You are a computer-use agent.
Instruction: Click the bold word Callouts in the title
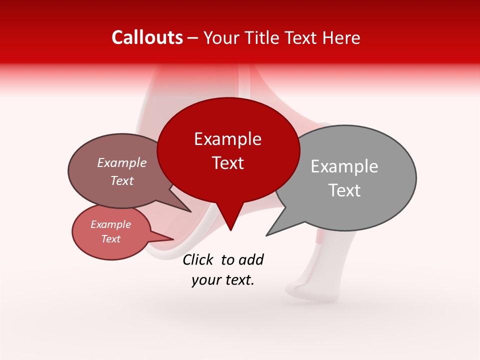click(147, 37)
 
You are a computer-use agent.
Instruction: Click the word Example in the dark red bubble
click(227, 139)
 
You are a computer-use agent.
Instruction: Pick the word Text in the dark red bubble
click(227, 163)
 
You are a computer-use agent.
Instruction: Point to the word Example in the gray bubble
click(344, 166)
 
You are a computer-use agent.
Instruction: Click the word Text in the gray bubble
click(344, 190)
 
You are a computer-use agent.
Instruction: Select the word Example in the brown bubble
click(122, 162)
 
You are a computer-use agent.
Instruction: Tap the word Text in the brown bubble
click(122, 180)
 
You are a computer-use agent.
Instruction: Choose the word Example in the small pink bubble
click(110, 224)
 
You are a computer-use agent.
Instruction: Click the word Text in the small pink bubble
click(110, 239)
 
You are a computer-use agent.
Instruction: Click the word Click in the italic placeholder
click(198, 259)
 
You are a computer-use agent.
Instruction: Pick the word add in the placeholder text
click(251, 259)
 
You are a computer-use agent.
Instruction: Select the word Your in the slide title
click(221, 37)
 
